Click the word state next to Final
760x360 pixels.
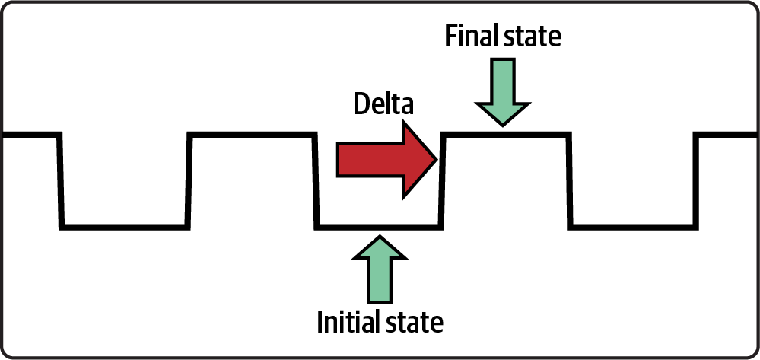[x=534, y=37]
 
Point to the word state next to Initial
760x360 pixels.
[x=415, y=323]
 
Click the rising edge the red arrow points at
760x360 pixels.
[x=442, y=180]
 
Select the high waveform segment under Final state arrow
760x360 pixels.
[x=506, y=135]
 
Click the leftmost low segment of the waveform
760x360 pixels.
[x=125, y=226]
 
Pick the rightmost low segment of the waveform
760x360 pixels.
[x=632, y=226]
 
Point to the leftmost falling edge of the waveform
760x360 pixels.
[x=61, y=180]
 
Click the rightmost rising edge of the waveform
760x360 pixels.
[x=696, y=180]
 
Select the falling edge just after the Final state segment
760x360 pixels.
[x=569, y=180]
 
